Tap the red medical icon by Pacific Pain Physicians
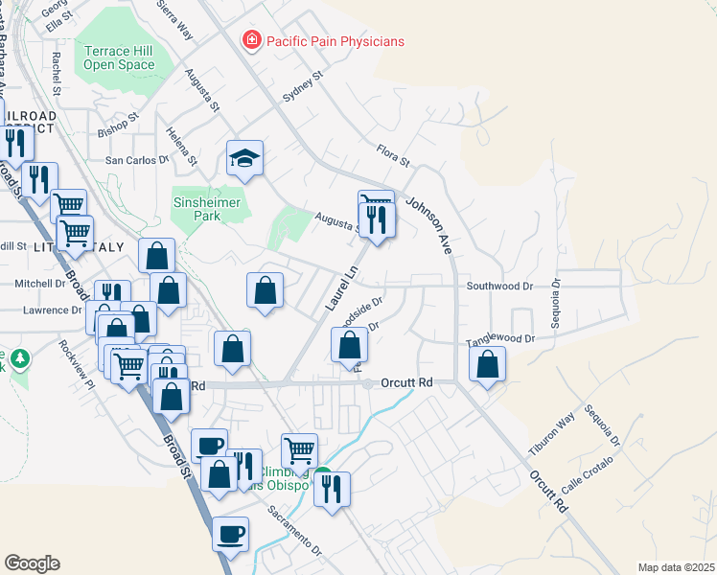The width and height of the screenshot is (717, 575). click(x=251, y=40)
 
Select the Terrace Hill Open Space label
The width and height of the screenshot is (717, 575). click(x=119, y=57)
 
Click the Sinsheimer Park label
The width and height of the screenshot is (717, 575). click(x=209, y=209)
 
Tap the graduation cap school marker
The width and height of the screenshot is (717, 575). click(x=244, y=157)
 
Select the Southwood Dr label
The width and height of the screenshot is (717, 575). click(x=498, y=286)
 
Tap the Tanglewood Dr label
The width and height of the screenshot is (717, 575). click(x=499, y=339)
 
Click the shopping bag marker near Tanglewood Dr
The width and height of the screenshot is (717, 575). click(x=488, y=364)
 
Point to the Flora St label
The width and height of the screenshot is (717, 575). click(x=393, y=155)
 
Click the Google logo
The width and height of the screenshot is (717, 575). click(x=32, y=563)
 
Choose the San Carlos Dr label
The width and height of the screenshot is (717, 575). click(x=136, y=160)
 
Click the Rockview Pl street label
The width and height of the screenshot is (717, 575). click(x=77, y=365)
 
